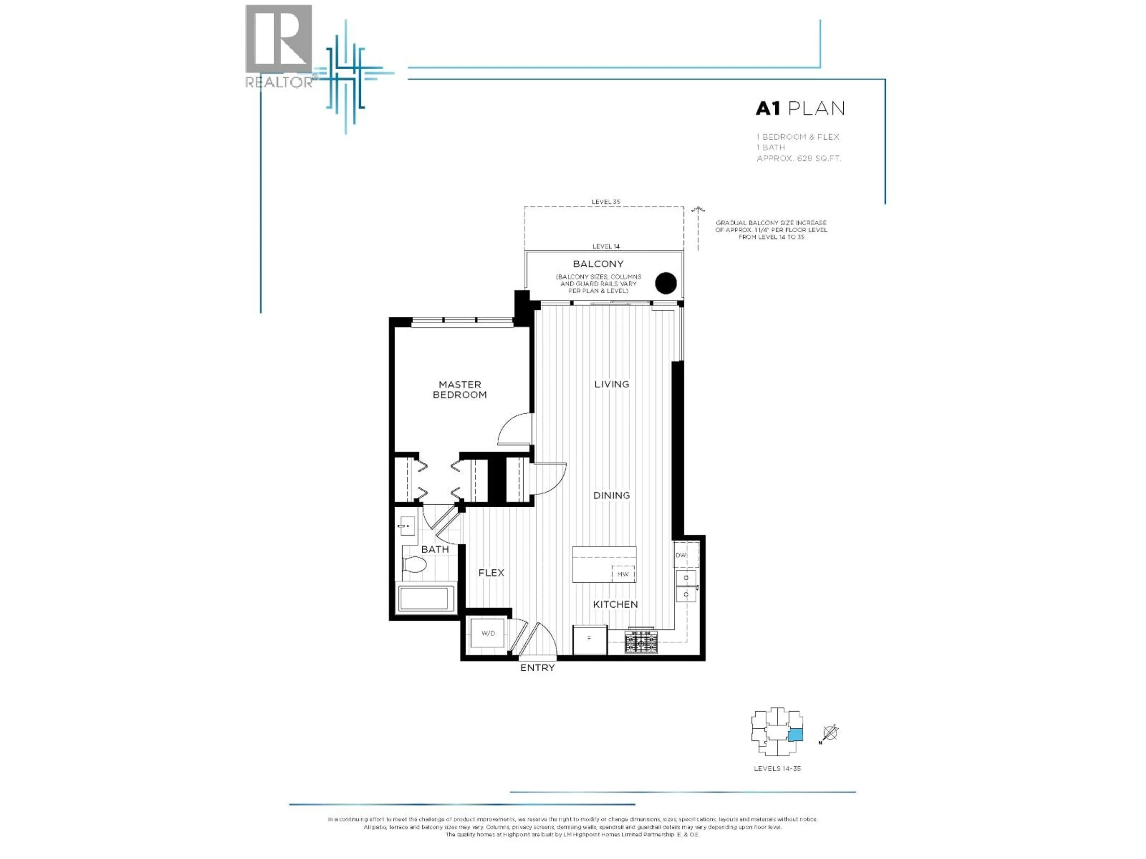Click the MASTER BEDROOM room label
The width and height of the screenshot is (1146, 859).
click(x=460, y=389)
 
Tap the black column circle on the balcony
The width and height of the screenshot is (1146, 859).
click(x=666, y=283)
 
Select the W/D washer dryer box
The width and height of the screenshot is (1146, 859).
click(x=488, y=633)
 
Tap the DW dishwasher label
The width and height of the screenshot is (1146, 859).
click(x=681, y=555)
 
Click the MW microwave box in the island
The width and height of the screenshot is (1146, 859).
click(x=623, y=574)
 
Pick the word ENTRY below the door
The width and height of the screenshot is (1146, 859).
click(x=537, y=668)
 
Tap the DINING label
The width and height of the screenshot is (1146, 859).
click(x=611, y=495)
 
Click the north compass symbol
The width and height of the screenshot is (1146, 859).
click(x=830, y=733)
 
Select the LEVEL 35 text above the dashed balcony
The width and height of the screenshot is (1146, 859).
click(x=606, y=202)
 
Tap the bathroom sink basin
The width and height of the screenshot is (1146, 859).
click(x=407, y=526)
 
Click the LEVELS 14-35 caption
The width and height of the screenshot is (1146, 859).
click(x=777, y=769)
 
